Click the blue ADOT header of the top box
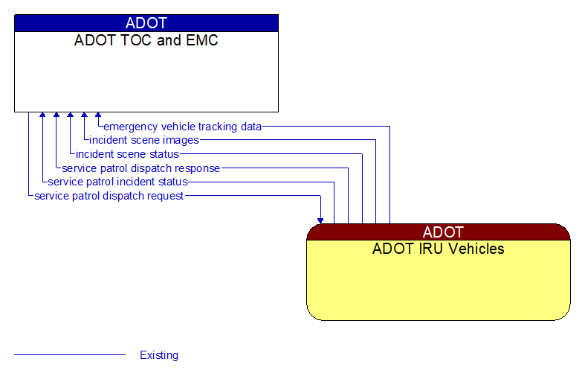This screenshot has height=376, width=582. click(146, 23)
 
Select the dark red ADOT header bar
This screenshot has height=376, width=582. click(439, 232)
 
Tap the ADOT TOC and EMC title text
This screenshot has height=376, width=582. click(146, 40)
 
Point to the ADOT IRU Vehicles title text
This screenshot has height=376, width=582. click(439, 249)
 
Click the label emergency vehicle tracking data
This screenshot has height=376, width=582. click(183, 127)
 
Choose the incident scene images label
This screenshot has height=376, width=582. click(144, 140)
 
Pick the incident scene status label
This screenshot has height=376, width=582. click(127, 154)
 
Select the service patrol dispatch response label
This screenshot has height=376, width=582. click(141, 168)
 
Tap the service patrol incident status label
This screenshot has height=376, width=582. click(117, 182)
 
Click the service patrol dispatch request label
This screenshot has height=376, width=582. click(109, 196)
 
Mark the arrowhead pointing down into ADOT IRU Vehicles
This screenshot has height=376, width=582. click(320, 220)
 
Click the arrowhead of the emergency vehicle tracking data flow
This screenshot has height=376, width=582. click(98, 116)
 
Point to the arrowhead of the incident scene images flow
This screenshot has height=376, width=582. click(84, 116)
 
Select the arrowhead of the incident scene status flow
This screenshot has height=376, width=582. click(70, 116)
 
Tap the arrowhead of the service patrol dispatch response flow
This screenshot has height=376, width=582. click(56, 116)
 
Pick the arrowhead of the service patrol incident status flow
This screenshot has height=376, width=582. click(42, 116)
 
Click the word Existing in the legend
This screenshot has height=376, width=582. click(159, 355)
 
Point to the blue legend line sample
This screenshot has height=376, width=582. click(70, 355)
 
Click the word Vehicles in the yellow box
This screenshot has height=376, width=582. click(477, 249)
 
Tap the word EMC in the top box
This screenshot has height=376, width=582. click(202, 40)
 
